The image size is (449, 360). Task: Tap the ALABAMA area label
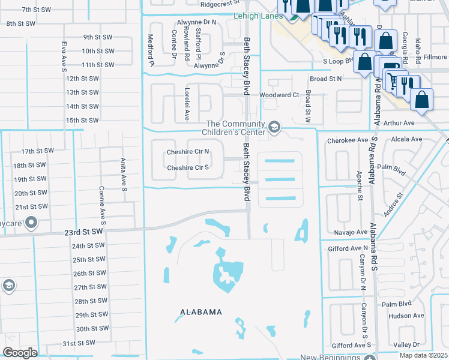(201, 312)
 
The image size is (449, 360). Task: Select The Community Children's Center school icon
(274, 127)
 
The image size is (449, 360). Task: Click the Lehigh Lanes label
(262, 16)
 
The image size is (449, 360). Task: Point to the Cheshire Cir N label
(188, 152)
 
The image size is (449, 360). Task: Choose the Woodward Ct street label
(279, 95)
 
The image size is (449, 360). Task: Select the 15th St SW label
(82, 120)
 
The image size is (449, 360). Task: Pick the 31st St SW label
(78, 343)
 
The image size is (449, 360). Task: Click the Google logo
(20, 353)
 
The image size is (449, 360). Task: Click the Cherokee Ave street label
(347, 140)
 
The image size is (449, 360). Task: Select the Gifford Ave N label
(348, 248)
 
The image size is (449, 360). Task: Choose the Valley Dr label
(406, 344)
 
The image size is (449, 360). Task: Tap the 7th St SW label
(35, 10)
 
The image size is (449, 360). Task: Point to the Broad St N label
(325, 79)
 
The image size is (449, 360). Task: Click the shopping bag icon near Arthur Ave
(423, 100)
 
